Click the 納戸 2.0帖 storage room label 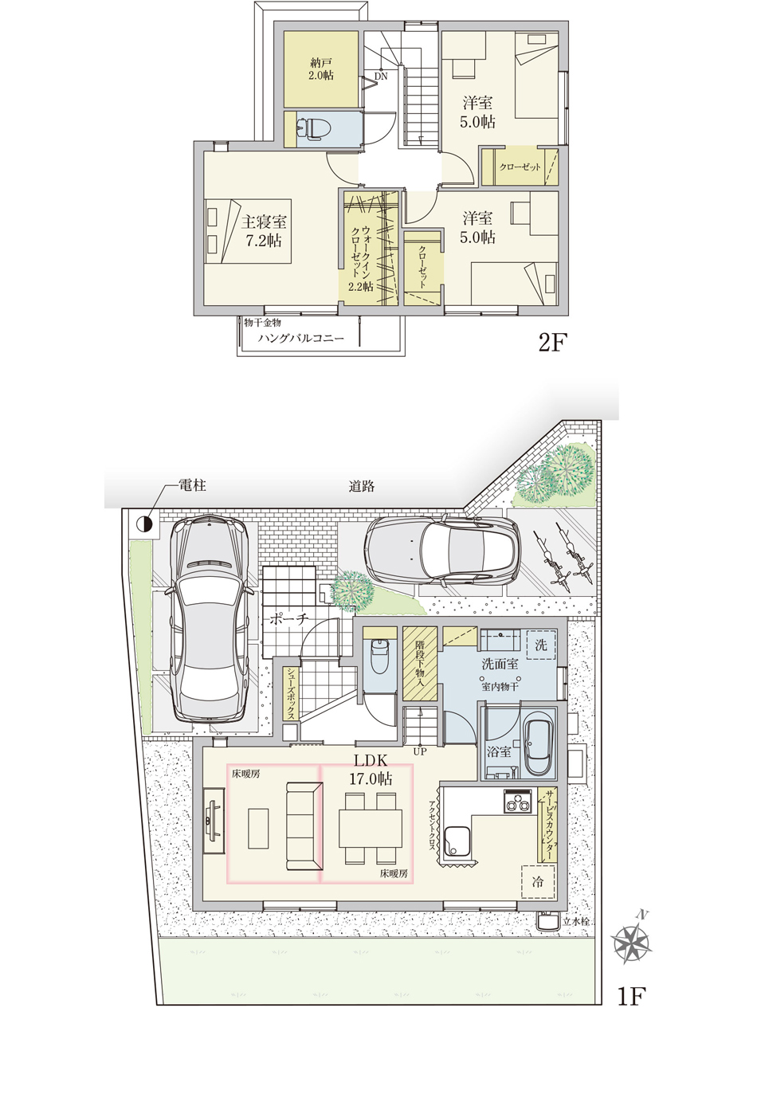(322, 69)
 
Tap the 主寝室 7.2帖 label (264, 231)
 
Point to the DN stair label (381, 76)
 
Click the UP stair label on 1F (420, 751)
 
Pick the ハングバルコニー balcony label (301, 338)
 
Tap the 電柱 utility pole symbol (144, 524)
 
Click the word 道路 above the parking (362, 486)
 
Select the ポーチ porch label (288, 619)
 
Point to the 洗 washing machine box (540, 645)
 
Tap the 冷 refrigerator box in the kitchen (538, 881)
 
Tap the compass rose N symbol (632, 941)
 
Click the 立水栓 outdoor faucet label (576, 921)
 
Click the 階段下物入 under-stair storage (420, 663)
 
